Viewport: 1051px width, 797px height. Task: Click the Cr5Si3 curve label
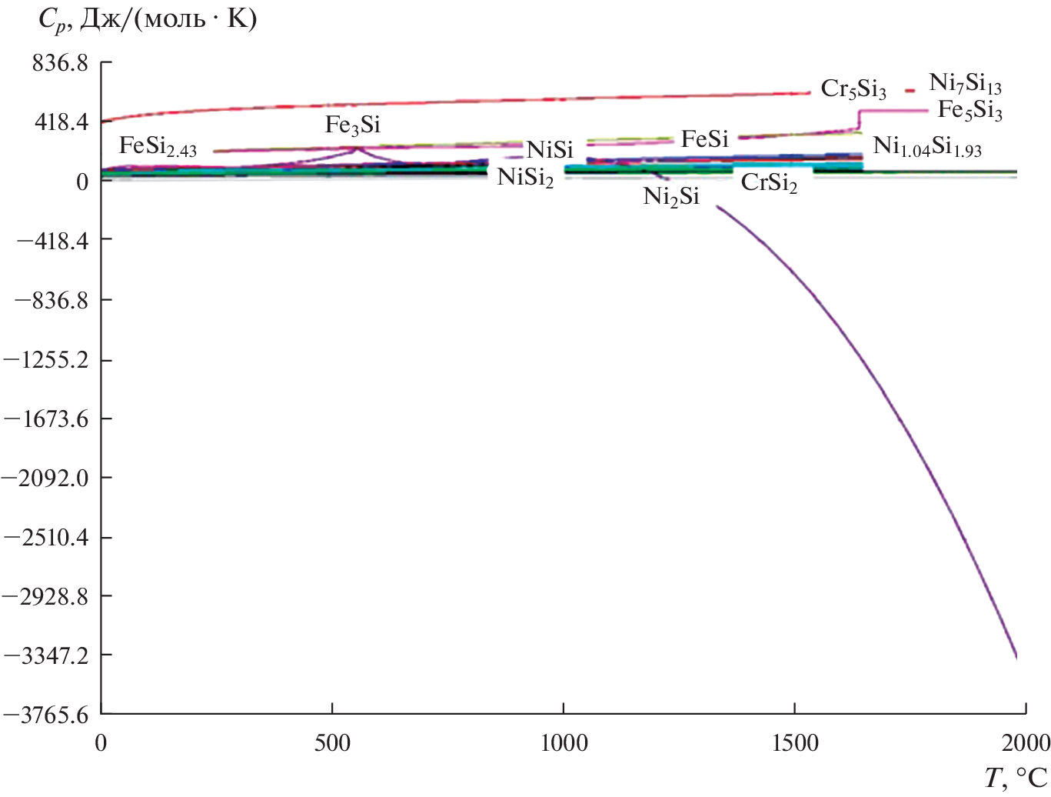(x=853, y=90)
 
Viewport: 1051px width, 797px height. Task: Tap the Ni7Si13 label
(x=966, y=84)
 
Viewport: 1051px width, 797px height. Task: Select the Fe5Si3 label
(x=970, y=112)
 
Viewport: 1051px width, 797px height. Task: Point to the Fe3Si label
(x=353, y=125)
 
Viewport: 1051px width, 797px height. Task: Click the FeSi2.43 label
(x=158, y=147)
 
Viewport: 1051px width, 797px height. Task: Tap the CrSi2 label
(x=769, y=184)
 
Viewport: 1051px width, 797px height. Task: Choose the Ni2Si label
(x=671, y=198)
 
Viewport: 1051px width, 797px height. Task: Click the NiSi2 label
(x=525, y=178)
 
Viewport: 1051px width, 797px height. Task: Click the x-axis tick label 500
(x=332, y=743)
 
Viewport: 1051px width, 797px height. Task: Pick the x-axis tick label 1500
(x=794, y=743)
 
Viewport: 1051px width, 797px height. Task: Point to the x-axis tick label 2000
(x=1026, y=743)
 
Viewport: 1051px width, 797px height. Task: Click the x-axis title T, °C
(x=1016, y=779)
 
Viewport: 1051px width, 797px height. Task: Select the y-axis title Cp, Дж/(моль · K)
(x=147, y=20)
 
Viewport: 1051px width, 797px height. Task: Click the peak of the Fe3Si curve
(x=355, y=148)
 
